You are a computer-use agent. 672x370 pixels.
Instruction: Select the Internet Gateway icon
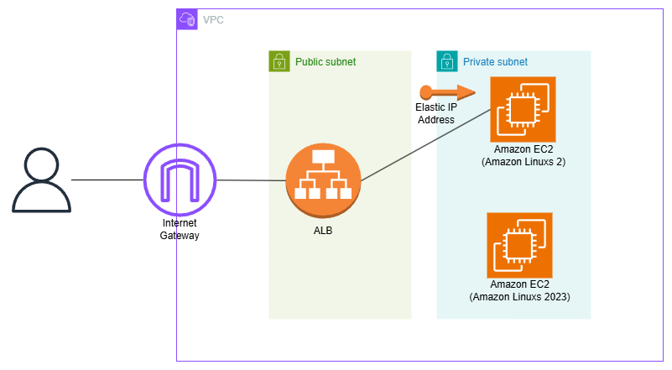click(x=180, y=180)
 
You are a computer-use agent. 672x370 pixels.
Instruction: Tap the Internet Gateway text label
click(x=180, y=229)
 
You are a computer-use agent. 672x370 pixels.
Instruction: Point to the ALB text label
click(x=323, y=231)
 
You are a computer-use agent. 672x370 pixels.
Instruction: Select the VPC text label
click(x=214, y=18)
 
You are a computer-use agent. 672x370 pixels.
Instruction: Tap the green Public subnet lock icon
click(x=279, y=61)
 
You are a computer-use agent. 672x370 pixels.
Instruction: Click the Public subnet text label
click(x=326, y=62)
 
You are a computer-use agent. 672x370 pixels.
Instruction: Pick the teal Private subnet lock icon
click(x=447, y=61)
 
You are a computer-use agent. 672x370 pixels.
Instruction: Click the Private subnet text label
click(x=496, y=62)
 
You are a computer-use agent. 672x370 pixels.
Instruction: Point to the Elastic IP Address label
click(x=435, y=114)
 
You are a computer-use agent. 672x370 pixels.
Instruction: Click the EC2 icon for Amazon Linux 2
click(x=524, y=108)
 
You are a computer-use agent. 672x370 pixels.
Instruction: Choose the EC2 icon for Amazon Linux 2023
click(x=520, y=245)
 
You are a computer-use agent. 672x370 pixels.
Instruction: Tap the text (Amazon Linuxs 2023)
click(x=520, y=297)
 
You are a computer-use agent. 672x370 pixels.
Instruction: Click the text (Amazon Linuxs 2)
click(x=524, y=161)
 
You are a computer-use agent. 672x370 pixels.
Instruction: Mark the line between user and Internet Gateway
click(x=107, y=180)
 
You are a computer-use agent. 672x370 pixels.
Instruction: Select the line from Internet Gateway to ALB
click(x=250, y=180)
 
